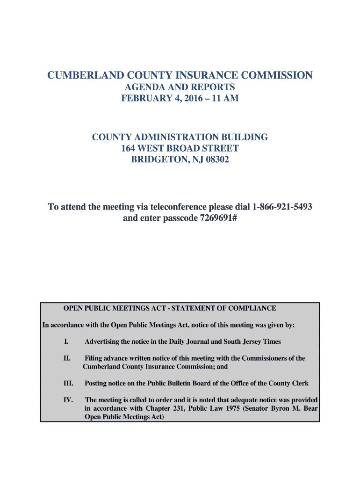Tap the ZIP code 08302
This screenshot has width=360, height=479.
tap(215, 160)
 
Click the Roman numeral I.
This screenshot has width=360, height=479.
tap(65, 341)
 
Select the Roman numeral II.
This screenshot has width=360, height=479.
tap(67, 358)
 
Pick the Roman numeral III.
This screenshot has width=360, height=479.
tap(68, 384)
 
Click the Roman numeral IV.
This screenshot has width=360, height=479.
tap(68, 400)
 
